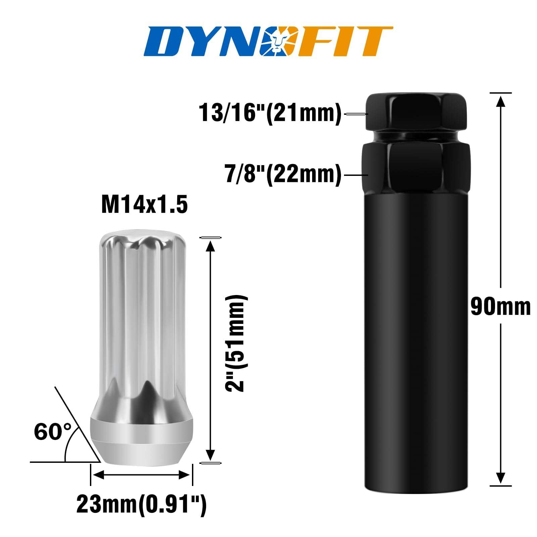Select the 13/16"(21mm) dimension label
pyautogui.click(x=270, y=113)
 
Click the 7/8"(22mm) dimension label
pyautogui.click(x=283, y=175)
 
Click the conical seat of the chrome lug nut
pyautogui.click(x=141, y=443)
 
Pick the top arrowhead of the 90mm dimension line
pyautogui.click(x=500, y=101)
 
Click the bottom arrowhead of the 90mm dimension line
pyautogui.click(x=500, y=478)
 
